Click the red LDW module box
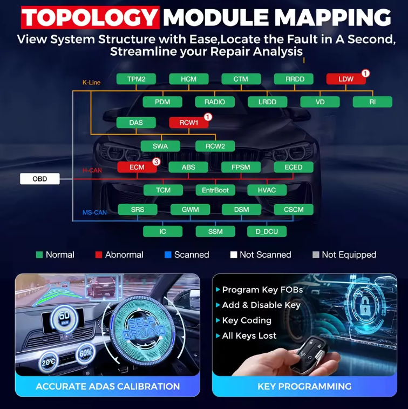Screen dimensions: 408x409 tap(346, 79)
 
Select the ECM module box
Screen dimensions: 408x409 tap(137, 167)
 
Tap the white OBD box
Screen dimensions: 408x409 tap(40, 179)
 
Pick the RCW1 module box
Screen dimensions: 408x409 tap(189, 123)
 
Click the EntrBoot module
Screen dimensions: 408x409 tap(215, 190)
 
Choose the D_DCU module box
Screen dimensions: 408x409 tap(267, 231)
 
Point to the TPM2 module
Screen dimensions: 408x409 tap(136, 79)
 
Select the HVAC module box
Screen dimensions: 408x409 tap(267, 190)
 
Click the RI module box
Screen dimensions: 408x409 tap(372, 102)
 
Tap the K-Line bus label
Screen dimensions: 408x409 tap(91, 83)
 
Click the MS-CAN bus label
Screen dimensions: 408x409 tap(94, 212)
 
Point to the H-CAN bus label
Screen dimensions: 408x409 tap(92, 170)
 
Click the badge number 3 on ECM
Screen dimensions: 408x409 tap(156, 162)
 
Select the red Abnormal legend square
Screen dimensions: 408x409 tap(99, 254)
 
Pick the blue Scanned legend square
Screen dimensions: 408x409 tap(168, 254)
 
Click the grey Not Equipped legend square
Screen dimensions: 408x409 tap(316, 254)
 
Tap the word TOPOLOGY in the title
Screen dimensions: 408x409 tap(90, 17)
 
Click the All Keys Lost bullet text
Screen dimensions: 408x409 tap(249, 336)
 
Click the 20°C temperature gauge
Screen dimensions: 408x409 tap(49, 362)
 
